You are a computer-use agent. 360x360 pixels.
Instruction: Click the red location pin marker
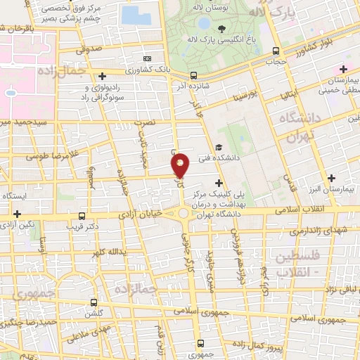pyautogui.click(x=181, y=165)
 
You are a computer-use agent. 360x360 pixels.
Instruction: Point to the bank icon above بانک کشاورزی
pyautogui.click(x=146, y=59)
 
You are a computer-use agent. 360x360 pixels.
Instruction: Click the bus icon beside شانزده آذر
pyautogui.click(x=193, y=75)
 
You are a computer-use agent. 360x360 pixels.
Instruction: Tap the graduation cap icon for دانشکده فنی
pyautogui.click(x=219, y=148)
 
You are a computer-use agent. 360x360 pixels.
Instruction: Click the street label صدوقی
pyautogui.click(x=89, y=50)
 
